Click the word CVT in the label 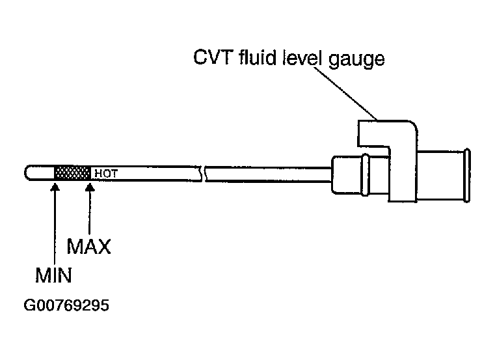(213, 57)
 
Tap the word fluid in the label (258, 57)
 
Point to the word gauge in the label (356, 60)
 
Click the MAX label (88, 247)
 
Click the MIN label (53, 275)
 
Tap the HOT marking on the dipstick (106, 174)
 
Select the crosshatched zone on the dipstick (72, 173)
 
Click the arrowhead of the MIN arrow (55, 187)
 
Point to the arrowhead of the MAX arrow (90, 187)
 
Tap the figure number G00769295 (66, 305)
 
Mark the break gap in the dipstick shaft (204, 174)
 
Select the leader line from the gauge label (345, 94)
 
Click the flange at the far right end (468, 175)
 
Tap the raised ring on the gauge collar (366, 174)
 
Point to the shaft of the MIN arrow (55, 228)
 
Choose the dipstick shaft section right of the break (269, 174)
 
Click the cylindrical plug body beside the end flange (441, 175)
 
